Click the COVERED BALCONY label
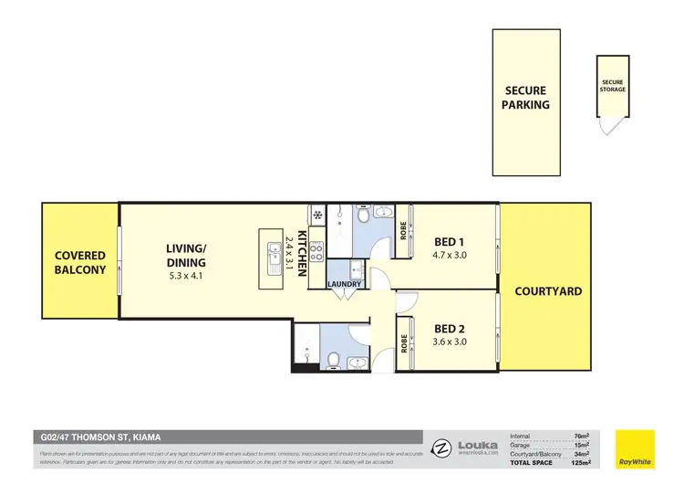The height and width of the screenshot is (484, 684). point(79,262)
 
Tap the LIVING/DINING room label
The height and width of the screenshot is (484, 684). point(186,256)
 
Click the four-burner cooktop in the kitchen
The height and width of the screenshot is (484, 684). point(316,251)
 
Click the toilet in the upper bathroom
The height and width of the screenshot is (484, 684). point(363,216)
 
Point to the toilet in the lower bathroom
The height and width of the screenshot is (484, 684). point(335,359)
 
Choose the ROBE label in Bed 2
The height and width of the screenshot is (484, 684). point(403,343)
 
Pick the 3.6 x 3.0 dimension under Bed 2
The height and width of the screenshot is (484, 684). point(451,342)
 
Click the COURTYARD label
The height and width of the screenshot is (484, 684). point(548,291)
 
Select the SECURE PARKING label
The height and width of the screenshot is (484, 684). point(526,97)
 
